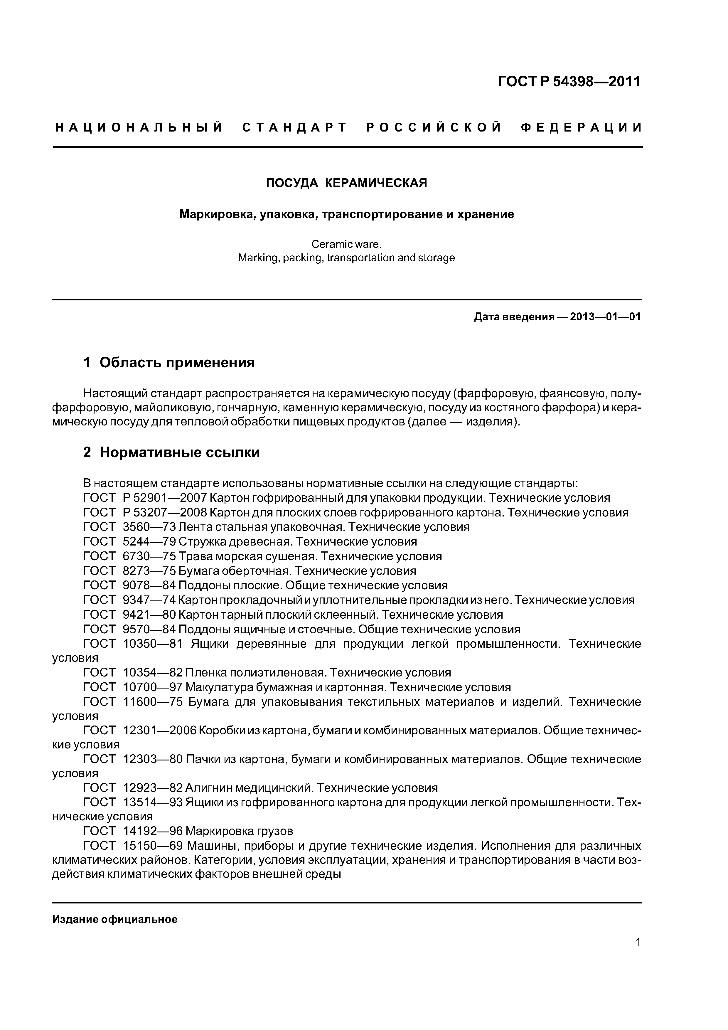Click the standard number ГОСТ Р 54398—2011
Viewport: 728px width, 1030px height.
pos(569,82)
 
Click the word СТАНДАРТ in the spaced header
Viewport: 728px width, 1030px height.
pos(295,128)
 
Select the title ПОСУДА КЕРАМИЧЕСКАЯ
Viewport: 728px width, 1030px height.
pos(346,183)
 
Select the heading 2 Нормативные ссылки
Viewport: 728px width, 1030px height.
pos(171,452)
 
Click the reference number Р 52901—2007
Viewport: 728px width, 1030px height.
pos(164,498)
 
